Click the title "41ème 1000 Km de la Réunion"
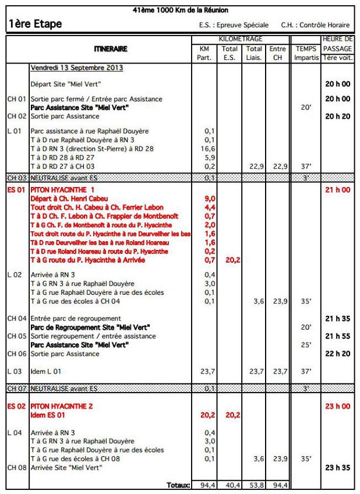(x=180, y=10)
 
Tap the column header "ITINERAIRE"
(x=110, y=49)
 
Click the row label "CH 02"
(x=17, y=116)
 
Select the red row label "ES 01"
(x=17, y=190)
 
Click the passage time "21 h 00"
(x=338, y=190)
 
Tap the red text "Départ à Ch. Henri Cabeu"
(x=69, y=199)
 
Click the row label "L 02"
(x=15, y=274)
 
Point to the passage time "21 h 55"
(x=338, y=336)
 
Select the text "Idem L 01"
(x=47, y=370)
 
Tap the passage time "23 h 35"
(x=338, y=467)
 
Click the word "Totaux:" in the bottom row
(x=177, y=485)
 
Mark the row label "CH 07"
(x=17, y=388)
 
